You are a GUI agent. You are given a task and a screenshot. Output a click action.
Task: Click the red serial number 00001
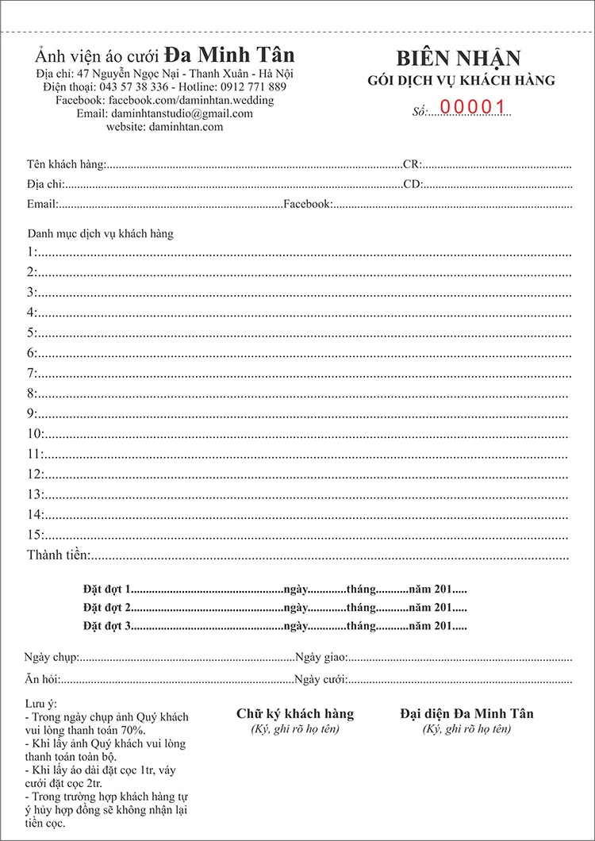473,107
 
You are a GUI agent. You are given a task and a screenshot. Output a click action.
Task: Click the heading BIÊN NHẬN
459,59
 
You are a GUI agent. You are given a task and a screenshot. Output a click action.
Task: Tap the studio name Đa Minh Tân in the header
229,55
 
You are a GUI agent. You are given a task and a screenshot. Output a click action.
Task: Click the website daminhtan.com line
165,126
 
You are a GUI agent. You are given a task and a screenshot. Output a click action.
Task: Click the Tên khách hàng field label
65,164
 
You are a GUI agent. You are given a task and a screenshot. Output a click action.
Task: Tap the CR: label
412,165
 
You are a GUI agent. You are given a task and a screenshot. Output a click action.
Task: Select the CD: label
412,185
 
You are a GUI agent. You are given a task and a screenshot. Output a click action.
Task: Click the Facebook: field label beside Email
308,205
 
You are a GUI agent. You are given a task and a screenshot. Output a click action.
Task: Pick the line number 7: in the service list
32,373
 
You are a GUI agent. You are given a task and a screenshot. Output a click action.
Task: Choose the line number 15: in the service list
35,535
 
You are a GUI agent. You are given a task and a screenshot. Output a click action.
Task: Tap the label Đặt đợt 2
106,608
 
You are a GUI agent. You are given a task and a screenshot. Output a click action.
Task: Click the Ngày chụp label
50,658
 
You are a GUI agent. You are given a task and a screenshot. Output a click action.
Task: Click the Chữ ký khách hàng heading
295,714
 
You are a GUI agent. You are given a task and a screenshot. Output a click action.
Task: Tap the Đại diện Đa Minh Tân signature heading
466,714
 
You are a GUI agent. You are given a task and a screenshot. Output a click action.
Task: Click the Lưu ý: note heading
42,704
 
